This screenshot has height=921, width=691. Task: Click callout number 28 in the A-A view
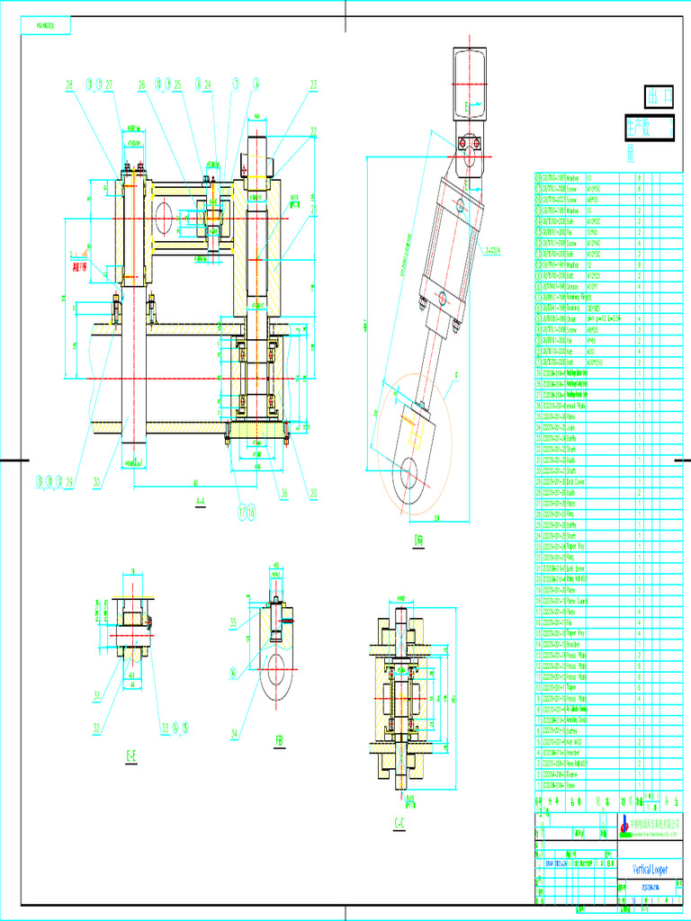(x=68, y=85)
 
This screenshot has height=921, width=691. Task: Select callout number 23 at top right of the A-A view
(x=314, y=85)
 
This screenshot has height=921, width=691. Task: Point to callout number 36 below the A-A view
(x=284, y=492)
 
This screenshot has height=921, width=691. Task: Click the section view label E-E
(x=130, y=756)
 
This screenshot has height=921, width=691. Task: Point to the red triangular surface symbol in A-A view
(x=87, y=252)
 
